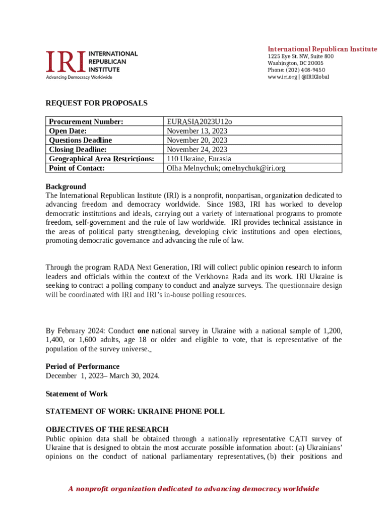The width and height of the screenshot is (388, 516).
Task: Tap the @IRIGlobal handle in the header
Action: coord(315,77)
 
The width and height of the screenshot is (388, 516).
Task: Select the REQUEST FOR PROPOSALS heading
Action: coord(97,103)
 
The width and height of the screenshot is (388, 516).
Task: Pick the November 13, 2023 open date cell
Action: coord(197,131)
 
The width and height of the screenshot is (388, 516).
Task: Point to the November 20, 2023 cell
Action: coord(197,140)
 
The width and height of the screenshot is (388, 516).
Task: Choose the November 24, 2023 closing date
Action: coord(197,150)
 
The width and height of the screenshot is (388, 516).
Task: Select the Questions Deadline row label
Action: coord(80,140)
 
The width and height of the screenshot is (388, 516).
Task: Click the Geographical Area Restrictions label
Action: coord(101,159)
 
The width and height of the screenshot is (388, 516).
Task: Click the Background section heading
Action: coord(66,186)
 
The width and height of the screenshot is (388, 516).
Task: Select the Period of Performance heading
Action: coord(83,366)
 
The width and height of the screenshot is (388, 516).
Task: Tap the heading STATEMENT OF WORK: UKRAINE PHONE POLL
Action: coord(135,411)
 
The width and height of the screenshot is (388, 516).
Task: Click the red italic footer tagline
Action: coord(194,489)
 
